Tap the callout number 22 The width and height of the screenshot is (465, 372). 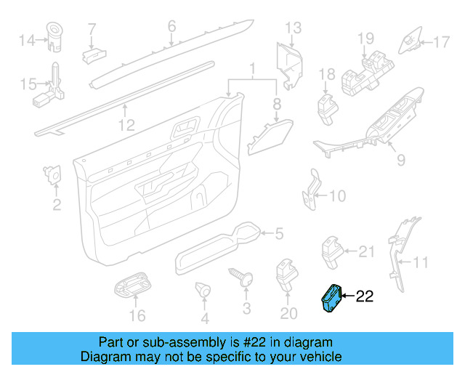tap(364, 296)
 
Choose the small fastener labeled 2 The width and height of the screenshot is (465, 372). tap(52, 174)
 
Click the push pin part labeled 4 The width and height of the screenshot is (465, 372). tap(203, 291)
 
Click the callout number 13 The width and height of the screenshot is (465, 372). tap(292, 28)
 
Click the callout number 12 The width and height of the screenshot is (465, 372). tap(126, 126)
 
